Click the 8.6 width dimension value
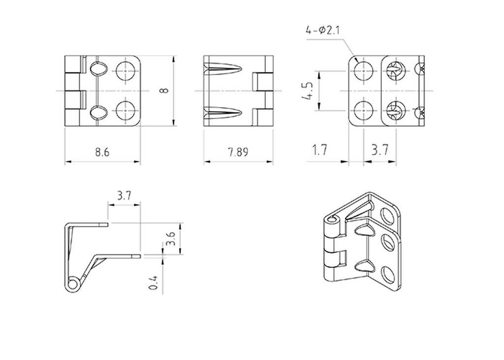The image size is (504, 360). click(x=102, y=152)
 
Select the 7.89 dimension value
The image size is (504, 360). click(x=238, y=152)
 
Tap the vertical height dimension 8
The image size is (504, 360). click(x=164, y=90)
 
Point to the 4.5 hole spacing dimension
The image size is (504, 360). click(x=307, y=91)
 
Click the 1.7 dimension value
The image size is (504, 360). click(x=319, y=150)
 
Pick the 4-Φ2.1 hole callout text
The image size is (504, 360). click(x=323, y=31)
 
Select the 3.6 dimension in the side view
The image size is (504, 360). click(x=170, y=239)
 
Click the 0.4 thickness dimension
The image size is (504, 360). click(x=154, y=282)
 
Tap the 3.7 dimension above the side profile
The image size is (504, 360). click(x=124, y=196)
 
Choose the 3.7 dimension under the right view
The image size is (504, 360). click(x=379, y=150)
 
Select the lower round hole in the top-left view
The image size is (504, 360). click(x=126, y=111)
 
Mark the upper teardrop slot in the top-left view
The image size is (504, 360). click(x=98, y=69)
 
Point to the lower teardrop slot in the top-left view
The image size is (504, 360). click(x=98, y=113)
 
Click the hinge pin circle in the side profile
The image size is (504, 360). click(x=72, y=284)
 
